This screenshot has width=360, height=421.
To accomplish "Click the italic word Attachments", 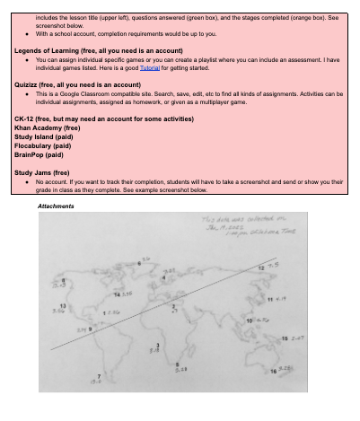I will click(x=56, y=206).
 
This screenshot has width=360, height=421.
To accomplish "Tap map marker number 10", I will click(x=249, y=320).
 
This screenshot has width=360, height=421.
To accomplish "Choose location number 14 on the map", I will click(x=117, y=294).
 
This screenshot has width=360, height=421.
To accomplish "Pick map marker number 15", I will click(x=285, y=337).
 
